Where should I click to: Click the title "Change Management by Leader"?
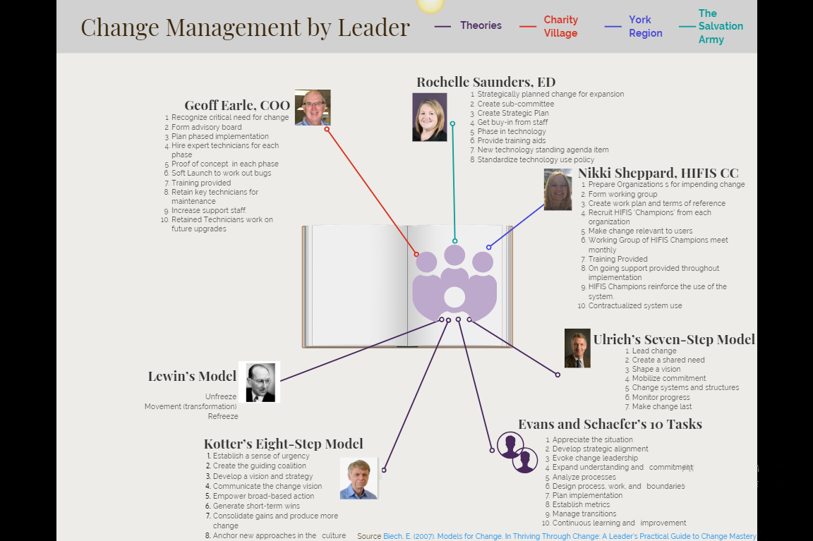(246, 28)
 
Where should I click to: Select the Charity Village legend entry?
(549, 26)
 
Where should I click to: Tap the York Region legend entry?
(634, 26)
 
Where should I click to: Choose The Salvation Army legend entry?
(711, 26)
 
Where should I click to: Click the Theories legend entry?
(468, 25)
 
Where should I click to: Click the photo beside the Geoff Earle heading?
(313, 108)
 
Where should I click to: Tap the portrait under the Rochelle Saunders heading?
(429, 117)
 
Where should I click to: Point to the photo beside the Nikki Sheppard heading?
(558, 189)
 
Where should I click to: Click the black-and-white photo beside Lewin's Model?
(259, 382)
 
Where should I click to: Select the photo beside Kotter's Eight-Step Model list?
(359, 478)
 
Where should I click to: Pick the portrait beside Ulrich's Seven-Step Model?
(577, 348)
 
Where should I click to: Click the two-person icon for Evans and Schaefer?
(517, 452)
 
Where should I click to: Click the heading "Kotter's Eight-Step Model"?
(283, 444)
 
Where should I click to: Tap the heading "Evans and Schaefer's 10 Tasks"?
(610, 424)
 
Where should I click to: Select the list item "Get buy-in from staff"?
(512, 122)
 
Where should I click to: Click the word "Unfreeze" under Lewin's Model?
(221, 396)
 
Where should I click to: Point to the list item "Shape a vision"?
(656, 369)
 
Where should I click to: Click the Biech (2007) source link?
(570, 536)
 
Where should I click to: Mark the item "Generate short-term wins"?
(256, 506)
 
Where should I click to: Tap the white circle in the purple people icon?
(454, 297)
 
